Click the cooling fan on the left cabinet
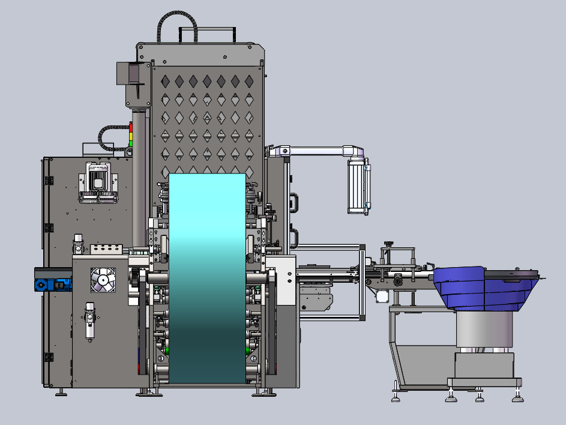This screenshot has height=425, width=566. (102, 280)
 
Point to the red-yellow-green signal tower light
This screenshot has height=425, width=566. (131, 137)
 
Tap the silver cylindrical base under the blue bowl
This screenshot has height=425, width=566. (484, 330)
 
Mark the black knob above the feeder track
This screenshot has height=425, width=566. (389, 244)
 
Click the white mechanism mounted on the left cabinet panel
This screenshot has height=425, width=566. (98, 182)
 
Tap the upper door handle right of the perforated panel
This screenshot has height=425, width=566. (294, 202)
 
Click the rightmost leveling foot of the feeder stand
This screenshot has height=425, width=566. (516, 396)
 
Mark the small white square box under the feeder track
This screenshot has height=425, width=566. (382, 295)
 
